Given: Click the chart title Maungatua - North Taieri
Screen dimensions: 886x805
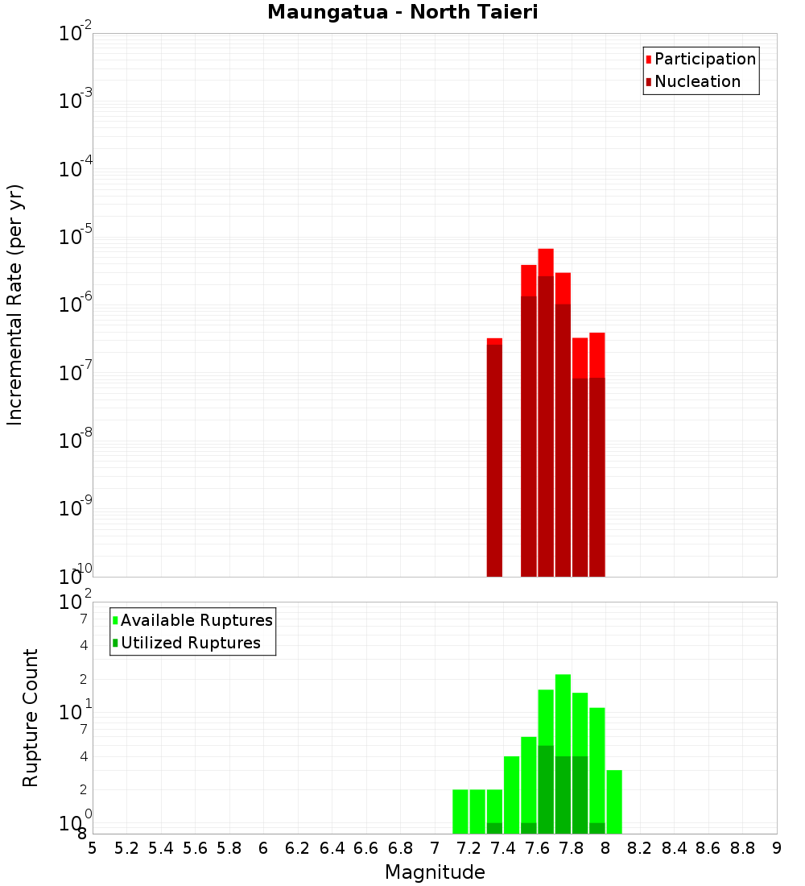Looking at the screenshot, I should (402, 13).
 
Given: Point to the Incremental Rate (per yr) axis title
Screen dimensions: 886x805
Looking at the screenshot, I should (16, 305).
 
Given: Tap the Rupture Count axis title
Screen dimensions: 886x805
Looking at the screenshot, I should (31, 718).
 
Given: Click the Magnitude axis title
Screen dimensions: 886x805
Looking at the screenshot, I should (435, 872).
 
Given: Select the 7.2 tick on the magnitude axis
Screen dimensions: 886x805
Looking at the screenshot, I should (469, 848).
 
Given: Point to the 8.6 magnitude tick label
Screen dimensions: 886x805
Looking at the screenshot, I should (708, 848).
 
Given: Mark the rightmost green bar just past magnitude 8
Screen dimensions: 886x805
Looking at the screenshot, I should (613, 801).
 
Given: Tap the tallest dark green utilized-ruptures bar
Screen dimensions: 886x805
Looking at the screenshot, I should (546, 789).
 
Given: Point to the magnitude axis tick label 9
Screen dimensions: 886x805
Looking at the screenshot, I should (776, 848).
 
